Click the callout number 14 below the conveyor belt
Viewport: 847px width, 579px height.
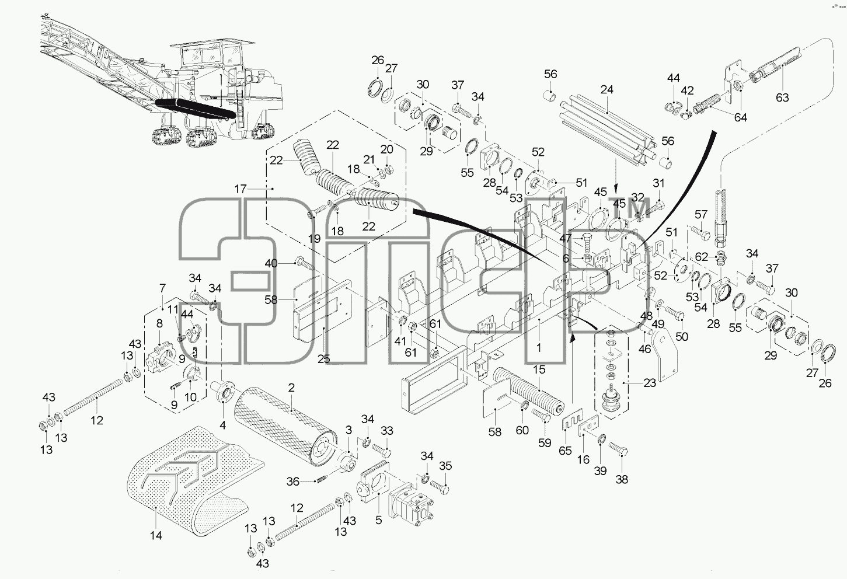point(156,535)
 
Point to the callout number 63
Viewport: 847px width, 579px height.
point(782,97)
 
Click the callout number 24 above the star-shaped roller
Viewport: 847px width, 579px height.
point(607,90)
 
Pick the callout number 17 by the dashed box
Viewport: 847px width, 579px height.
point(240,189)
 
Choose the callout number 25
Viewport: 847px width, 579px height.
point(323,359)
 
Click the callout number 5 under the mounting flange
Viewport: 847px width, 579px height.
point(378,521)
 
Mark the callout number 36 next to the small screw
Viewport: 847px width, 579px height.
point(292,482)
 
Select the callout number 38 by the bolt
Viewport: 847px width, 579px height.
point(622,480)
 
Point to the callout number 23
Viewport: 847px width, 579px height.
point(650,383)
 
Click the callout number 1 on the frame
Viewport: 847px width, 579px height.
point(539,347)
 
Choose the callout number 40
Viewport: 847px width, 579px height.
point(271,263)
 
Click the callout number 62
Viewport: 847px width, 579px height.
point(702,257)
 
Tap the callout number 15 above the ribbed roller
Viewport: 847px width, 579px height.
point(539,369)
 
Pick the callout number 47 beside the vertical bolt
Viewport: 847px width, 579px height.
point(565,238)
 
